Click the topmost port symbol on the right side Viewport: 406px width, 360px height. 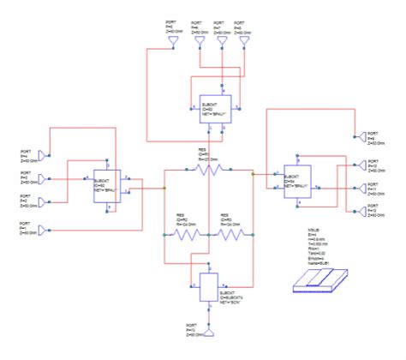click(357, 136)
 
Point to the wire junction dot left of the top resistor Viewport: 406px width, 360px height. click(163, 186)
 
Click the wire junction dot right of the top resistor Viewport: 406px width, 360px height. click(254, 175)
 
